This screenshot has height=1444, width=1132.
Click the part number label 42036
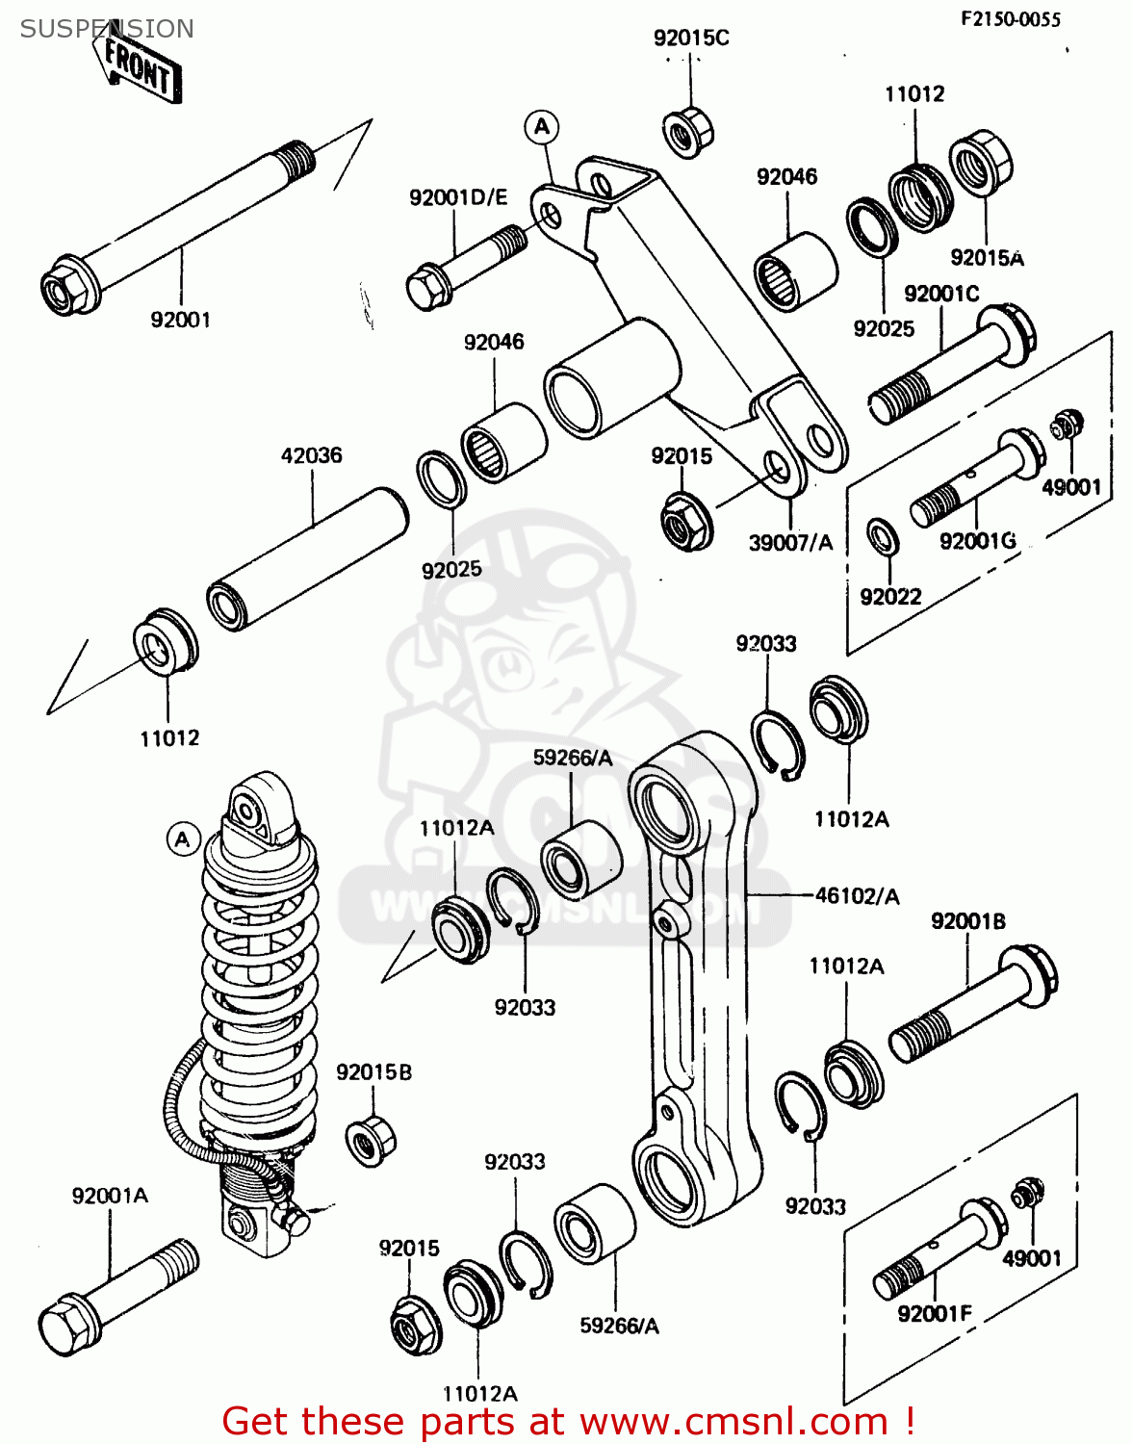pyautogui.click(x=311, y=455)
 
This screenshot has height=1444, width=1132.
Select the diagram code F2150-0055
pyautogui.click(x=1011, y=19)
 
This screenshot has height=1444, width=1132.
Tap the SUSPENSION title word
pyautogui.click(x=107, y=29)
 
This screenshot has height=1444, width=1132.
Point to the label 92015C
pyautogui.click(x=691, y=39)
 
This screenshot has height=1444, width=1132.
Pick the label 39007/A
pyautogui.click(x=790, y=543)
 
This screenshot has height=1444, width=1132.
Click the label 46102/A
pyautogui.click(x=857, y=896)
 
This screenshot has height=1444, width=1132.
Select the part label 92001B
pyautogui.click(x=967, y=921)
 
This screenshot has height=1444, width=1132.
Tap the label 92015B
pyautogui.click(x=373, y=1072)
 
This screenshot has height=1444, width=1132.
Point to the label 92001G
pyautogui.click(x=977, y=541)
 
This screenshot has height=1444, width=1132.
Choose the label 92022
pyautogui.click(x=890, y=597)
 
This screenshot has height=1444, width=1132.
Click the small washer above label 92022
pyautogui.click(x=883, y=536)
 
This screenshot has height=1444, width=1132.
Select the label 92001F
pyautogui.click(x=934, y=1313)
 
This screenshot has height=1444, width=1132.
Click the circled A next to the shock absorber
pyautogui.click(x=183, y=839)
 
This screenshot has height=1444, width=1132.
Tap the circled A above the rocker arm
pyautogui.click(x=542, y=127)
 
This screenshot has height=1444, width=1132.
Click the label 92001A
pyautogui.click(x=110, y=1196)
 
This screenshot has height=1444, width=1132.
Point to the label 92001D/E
pyautogui.click(x=457, y=197)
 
